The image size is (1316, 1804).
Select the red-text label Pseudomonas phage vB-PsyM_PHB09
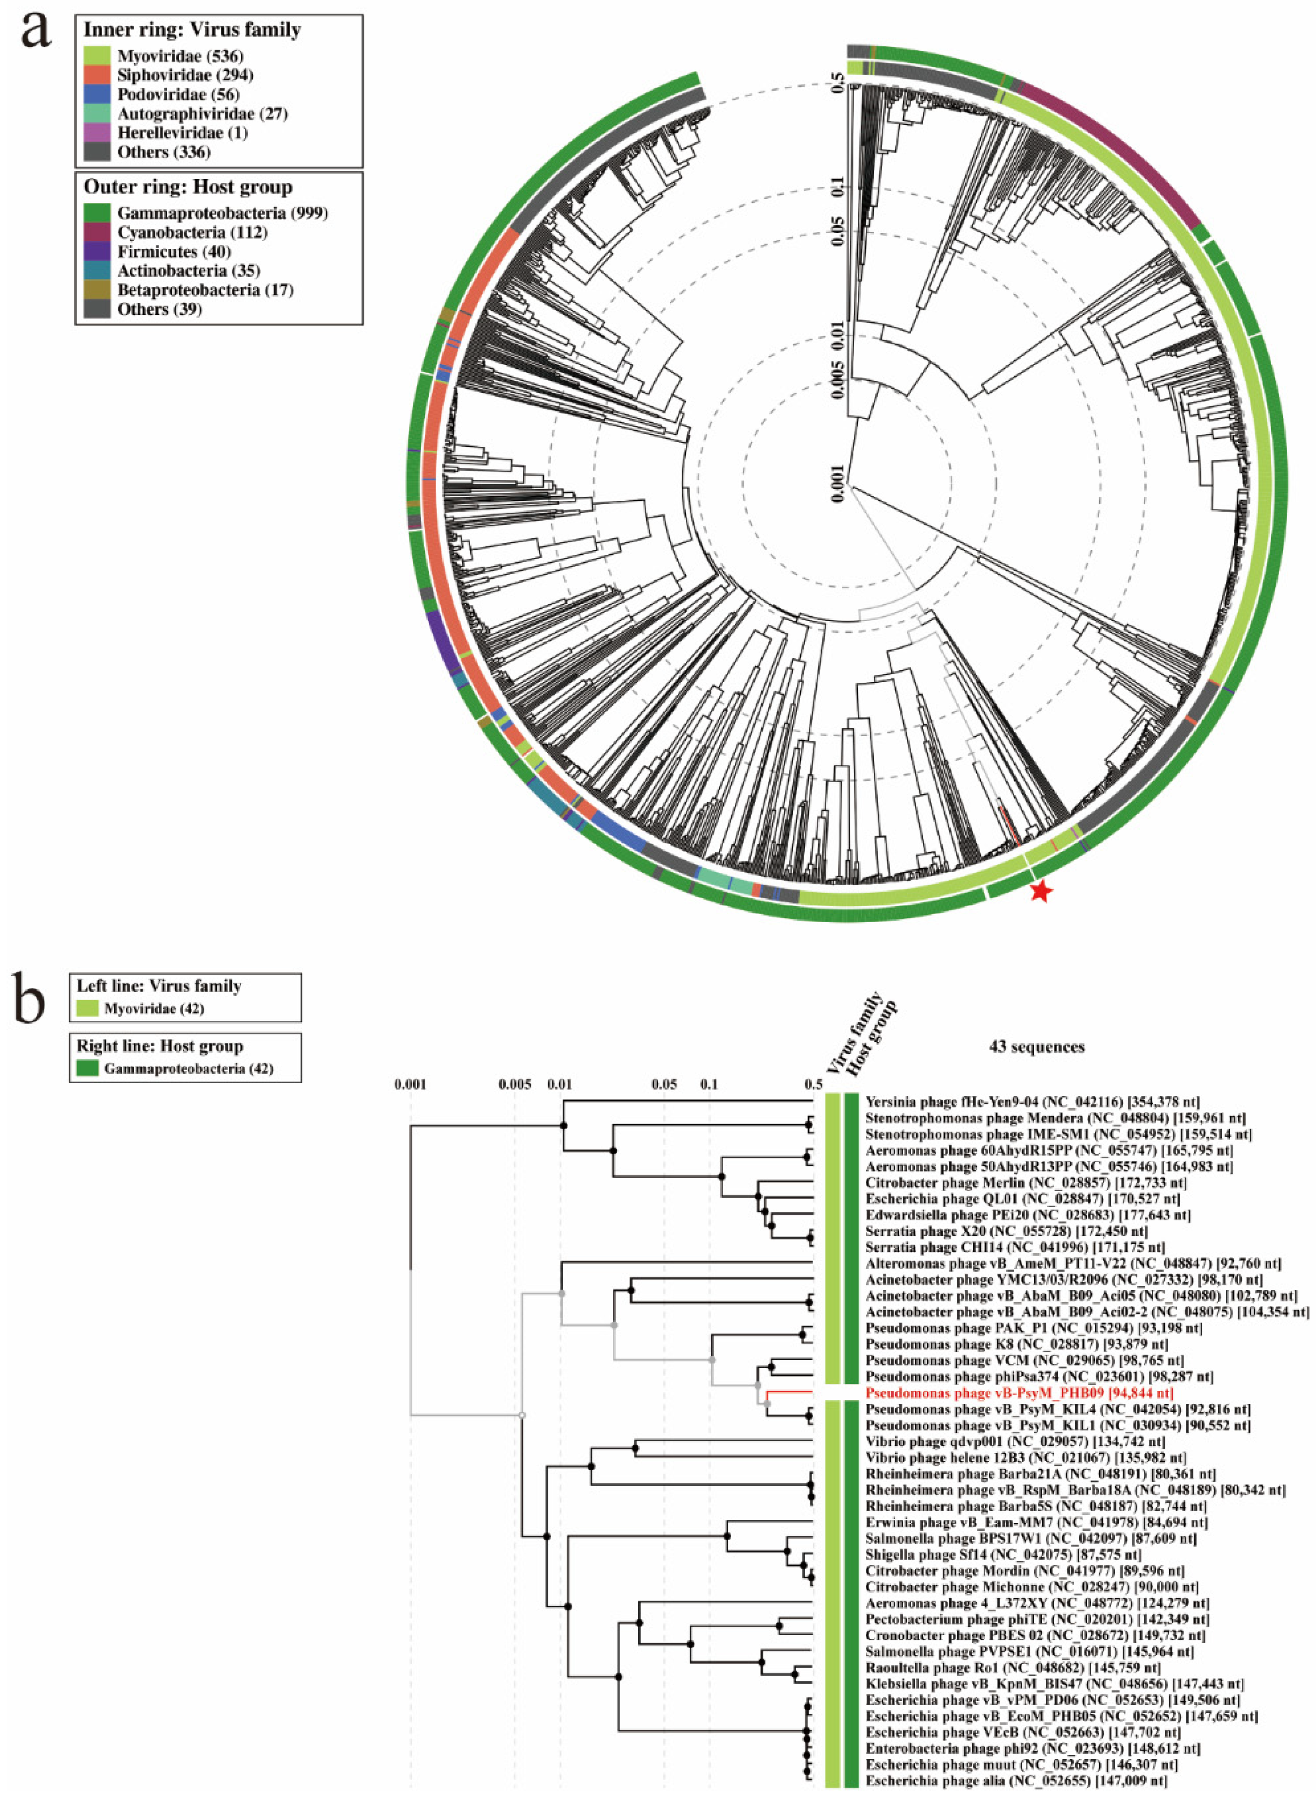click(x=1019, y=1393)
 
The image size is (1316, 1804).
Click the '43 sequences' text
click(x=1037, y=1047)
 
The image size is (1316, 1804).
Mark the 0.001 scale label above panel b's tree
click(x=410, y=1084)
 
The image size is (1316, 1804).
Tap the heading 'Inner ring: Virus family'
click(x=192, y=30)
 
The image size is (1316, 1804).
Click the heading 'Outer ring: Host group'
click(x=188, y=187)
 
